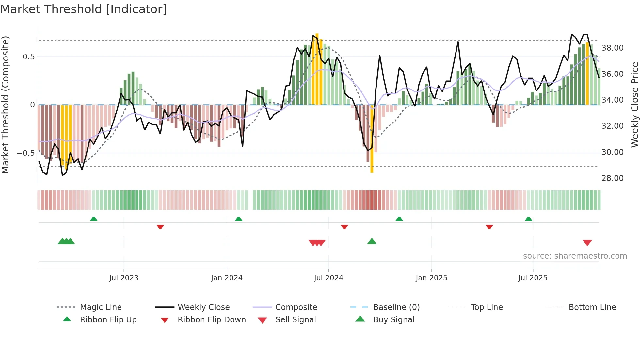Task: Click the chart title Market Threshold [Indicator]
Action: click(84, 9)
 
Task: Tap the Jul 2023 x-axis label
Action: click(123, 278)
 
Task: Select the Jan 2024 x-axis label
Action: click(227, 278)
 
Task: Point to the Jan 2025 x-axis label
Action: click(431, 278)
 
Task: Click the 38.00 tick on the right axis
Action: click(612, 48)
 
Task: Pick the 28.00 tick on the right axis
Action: click(612, 178)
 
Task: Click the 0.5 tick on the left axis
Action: click(28, 57)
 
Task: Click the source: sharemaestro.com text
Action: click(575, 256)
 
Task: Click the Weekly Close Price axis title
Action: click(634, 105)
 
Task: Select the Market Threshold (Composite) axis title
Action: click(5, 105)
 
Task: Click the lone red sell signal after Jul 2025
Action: click(587, 243)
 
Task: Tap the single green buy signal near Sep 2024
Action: click(372, 241)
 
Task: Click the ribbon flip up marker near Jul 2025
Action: click(528, 219)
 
